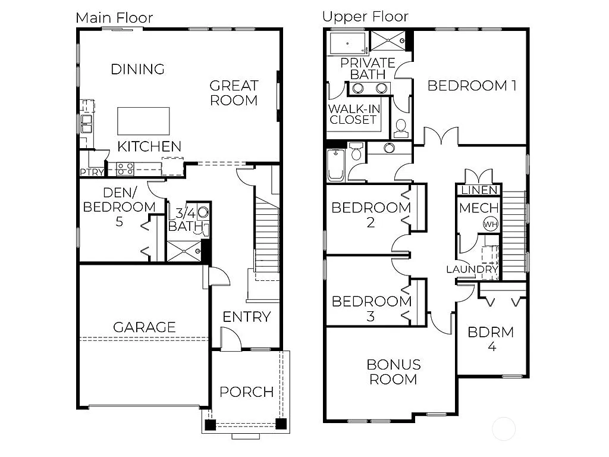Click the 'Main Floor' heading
click(114, 18)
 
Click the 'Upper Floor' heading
click(365, 16)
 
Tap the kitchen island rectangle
click(143, 121)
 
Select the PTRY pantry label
click(92, 173)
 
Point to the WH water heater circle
click(490, 224)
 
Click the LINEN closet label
click(478, 190)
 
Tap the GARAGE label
click(145, 327)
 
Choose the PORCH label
click(246, 392)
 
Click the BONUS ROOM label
click(393, 371)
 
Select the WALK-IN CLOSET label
click(353, 114)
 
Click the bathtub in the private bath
click(348, 42)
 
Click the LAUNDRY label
click(472, 270)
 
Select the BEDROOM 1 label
click(472, 86)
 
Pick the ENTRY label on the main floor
click(246, 317)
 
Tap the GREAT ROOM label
click(234, 93)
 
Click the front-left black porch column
click(209, 425)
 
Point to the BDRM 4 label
click(491, 339)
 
